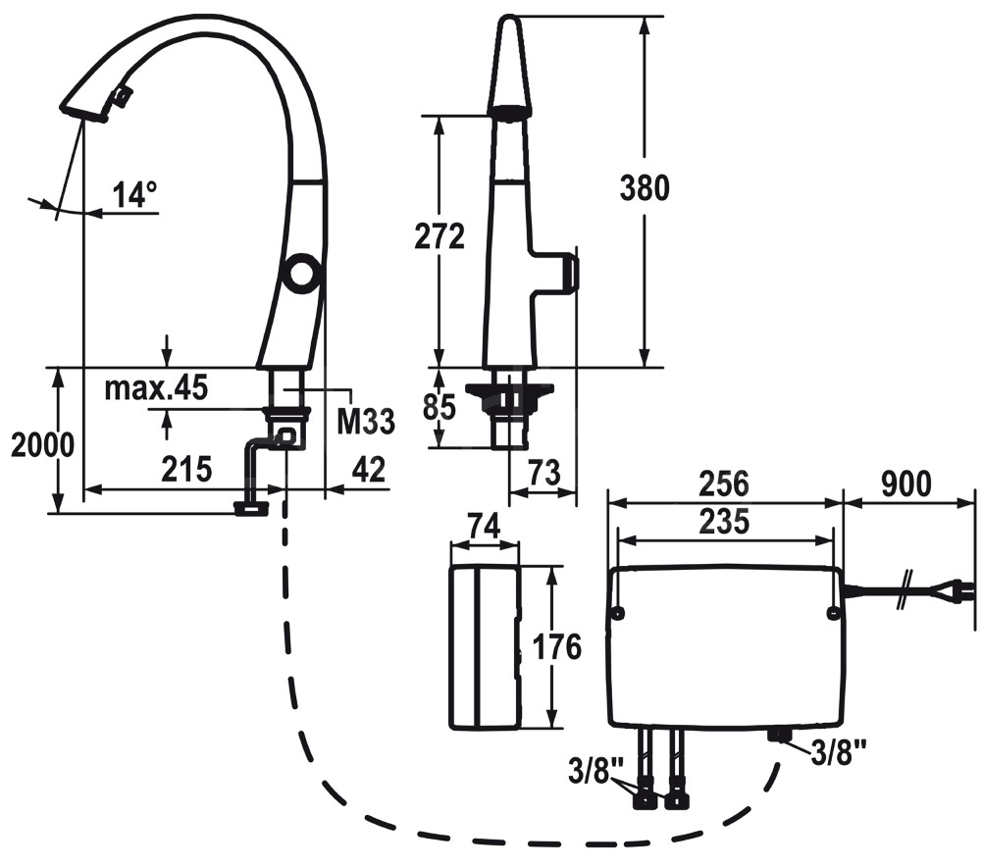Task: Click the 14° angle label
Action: tap(133, 194)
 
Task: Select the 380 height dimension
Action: tap(644, 186)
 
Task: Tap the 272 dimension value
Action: tap(438, 236)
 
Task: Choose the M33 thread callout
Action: tap(366, 422)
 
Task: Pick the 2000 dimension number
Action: tap(42, 445)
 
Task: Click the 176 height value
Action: tap(556, 646)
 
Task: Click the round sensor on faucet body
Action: tap(301, 271)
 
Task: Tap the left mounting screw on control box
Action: tap(618, 614)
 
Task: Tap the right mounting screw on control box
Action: tap(833, 614)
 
